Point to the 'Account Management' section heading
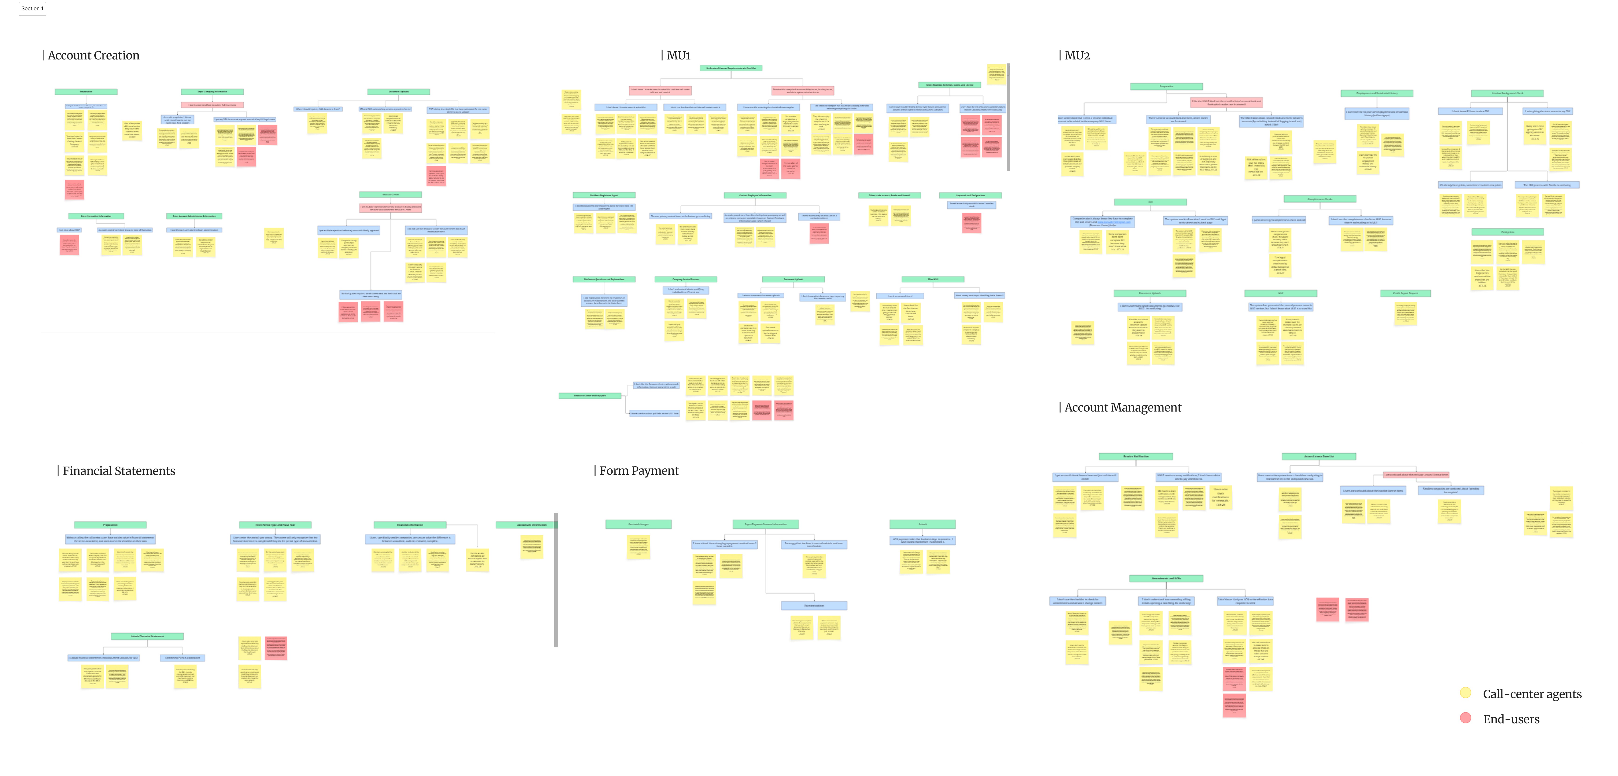pyautogui.click(x=1122, y=407)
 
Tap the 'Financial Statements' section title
pyautogui.click(x=119, y=471)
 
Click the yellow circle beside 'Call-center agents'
pyautogui.click(x=1465, y=693)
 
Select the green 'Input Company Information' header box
pyautogui.click(x=212, y=92)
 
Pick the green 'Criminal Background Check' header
pyautogui.click(x=1507, y=93)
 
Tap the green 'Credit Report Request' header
pyautogui.click(x=1405, y=293)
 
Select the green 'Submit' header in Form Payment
pyautogui.click(x=922, y=524)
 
